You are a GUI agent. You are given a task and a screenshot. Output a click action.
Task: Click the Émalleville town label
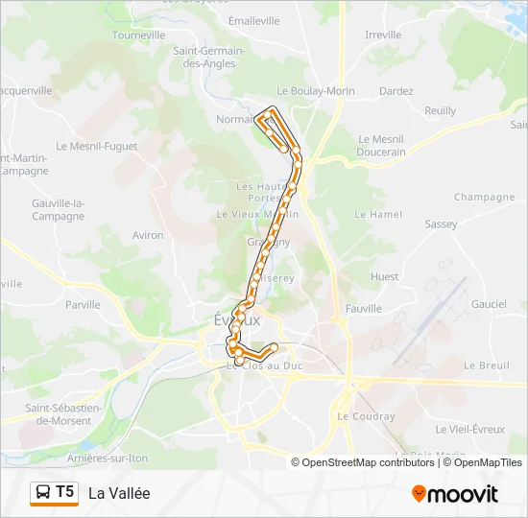tap(254, 20)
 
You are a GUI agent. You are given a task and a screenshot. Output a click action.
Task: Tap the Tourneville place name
tap(139, 35)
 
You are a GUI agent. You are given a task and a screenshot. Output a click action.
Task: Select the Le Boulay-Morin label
tap(316, 91)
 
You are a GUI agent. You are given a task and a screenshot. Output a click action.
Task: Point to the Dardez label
tap(396, 91)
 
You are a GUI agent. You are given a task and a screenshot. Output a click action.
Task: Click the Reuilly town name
tap(440, 110)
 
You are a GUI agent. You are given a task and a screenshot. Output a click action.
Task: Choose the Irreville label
tap(384, 35)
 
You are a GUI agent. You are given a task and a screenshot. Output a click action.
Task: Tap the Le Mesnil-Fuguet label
tap(97, 147)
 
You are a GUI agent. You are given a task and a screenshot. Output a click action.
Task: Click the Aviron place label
tap(148, 235)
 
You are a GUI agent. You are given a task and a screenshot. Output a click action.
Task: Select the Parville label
tap(83, 305)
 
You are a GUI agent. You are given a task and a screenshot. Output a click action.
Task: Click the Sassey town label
tap(441, 224)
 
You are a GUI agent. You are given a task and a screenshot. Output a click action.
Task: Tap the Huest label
tap(384, 276)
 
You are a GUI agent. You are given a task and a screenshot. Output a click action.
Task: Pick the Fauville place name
tap(363, 309)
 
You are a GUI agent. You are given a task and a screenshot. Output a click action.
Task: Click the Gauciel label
tap(489, 304)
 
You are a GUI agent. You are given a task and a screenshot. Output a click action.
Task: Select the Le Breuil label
tap(487, 365)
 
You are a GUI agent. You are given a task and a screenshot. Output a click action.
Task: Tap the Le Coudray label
tap(366, 416)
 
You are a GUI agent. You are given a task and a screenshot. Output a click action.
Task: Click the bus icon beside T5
tap(43, 493)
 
